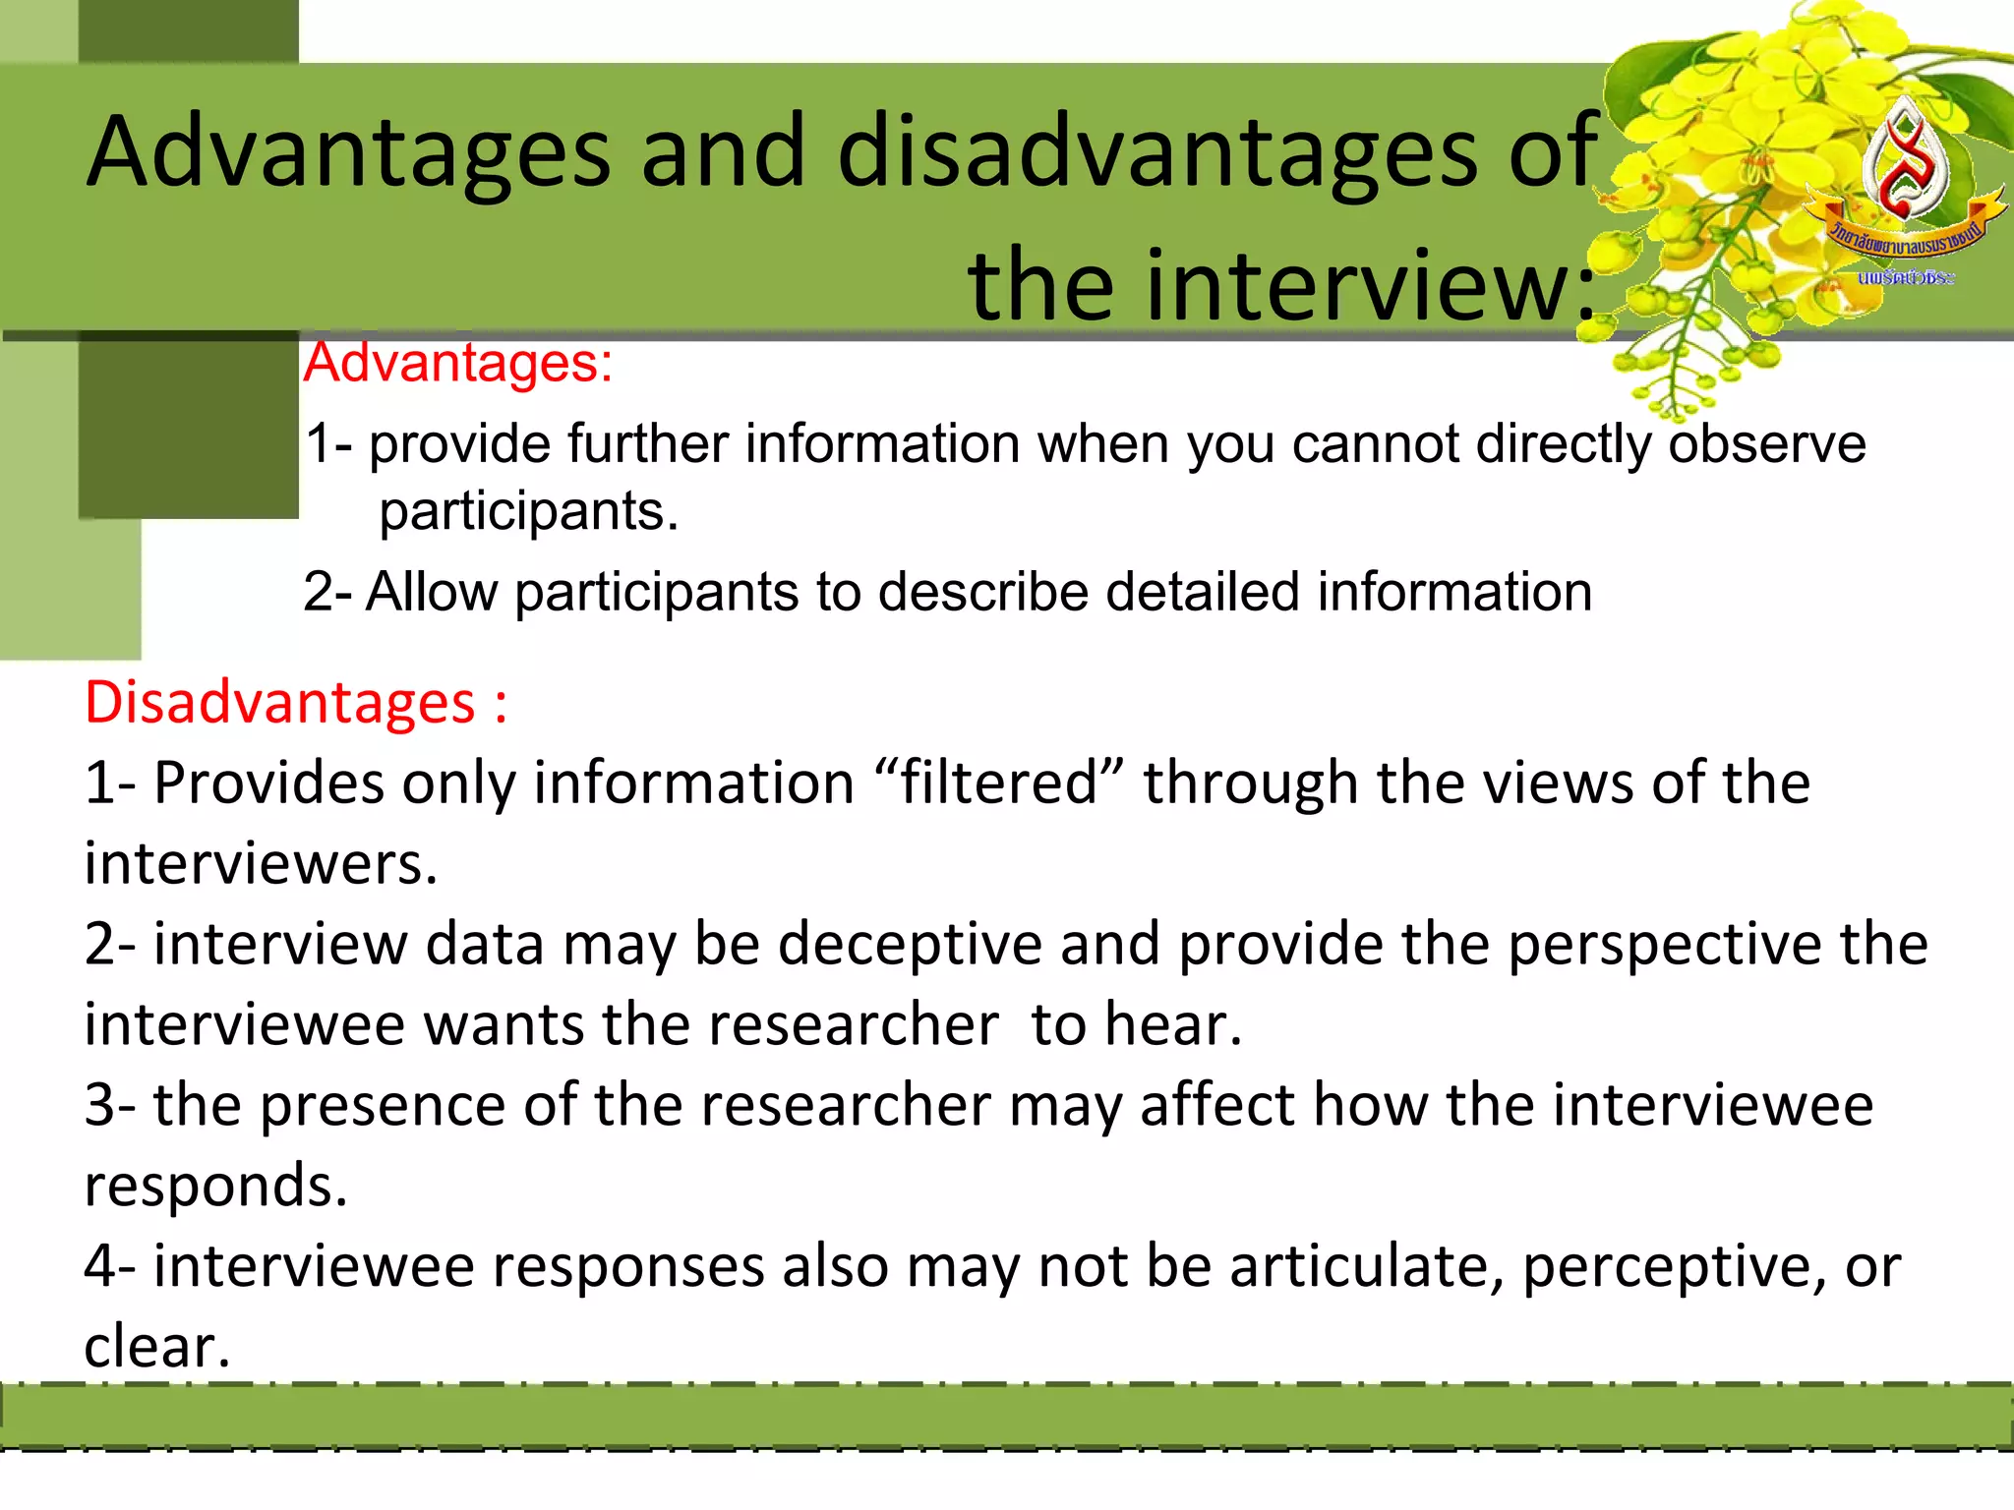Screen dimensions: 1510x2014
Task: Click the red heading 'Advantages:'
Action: [x=458, y=363]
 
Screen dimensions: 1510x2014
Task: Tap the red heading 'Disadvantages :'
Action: [x=295, y=703]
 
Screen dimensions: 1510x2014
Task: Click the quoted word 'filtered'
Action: [x=998, y=784]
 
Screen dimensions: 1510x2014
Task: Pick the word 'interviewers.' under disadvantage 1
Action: [x=261, y=864]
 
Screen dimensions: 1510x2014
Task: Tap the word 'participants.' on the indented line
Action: [x=529, y=512]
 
